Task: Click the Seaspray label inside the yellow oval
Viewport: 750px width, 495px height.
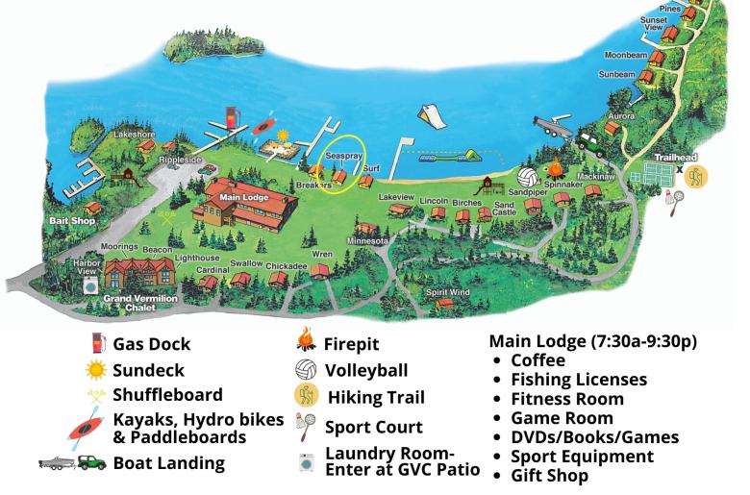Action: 342,155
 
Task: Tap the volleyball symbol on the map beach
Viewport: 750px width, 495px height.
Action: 527,178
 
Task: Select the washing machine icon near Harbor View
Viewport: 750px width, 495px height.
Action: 90,285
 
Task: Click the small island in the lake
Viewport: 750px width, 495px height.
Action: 206,44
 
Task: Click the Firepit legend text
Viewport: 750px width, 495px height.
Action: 352,344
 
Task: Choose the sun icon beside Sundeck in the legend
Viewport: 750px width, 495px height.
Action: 95,369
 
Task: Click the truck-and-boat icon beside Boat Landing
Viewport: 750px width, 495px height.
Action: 72,462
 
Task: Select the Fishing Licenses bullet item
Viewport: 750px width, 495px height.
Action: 579,380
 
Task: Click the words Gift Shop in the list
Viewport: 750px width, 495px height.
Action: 549,475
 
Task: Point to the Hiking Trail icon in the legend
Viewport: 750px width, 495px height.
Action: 308,396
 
